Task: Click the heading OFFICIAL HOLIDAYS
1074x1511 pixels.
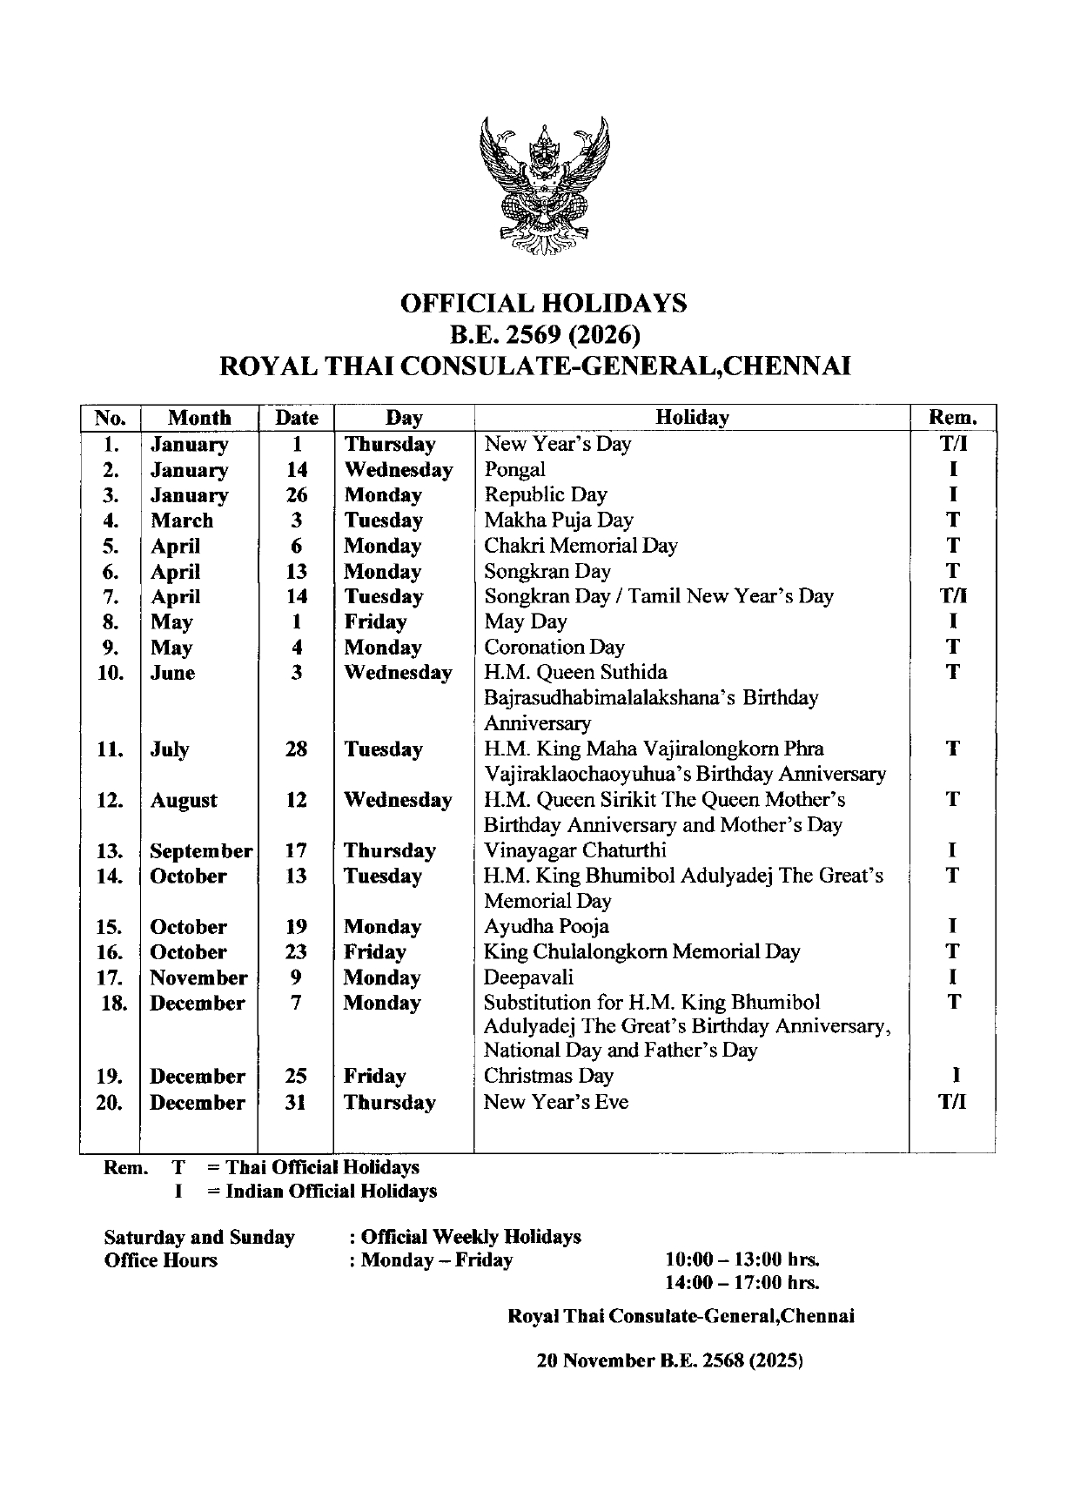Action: tap(543, 303)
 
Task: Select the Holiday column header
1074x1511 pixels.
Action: tap(692, 418)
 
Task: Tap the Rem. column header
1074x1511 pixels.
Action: tap(953, 418)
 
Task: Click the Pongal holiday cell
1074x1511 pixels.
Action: tap(515, 469)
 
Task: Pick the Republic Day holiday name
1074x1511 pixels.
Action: tap(546, 494)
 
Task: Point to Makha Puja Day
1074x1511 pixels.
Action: tap(559, 520)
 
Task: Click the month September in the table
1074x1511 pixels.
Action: tap(201, 850)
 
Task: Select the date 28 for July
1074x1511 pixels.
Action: tap(296, 749)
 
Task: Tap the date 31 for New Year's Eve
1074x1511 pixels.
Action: tap(296, 1102)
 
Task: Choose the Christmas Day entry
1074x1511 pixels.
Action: tap(549, 1076)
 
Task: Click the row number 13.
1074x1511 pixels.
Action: tap(111, 850)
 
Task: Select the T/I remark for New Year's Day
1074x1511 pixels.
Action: tap(953, 444)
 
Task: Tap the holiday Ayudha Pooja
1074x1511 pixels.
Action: tap(547, 926)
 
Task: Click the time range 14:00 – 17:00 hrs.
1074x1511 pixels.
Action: tap(742, 1282)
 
